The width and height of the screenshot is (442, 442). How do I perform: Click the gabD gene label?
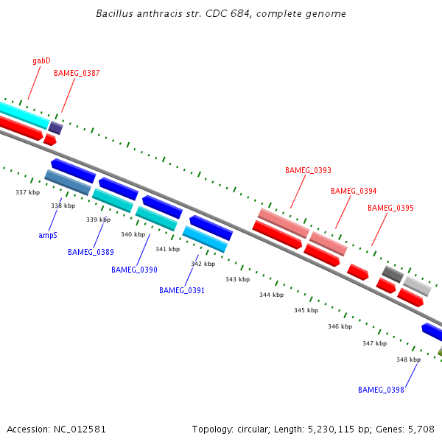[x=41, y=60]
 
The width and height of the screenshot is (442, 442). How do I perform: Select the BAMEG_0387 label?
[x=77, y=74]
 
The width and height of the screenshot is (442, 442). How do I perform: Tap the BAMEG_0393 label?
[x=308, y=171]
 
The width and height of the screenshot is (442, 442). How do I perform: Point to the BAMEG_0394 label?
[x=354, y=192]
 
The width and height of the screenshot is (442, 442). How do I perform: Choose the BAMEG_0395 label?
[x=390, y=208]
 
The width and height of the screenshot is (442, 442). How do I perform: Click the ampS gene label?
[x=48, y=236]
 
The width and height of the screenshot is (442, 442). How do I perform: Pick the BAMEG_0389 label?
[x=91, y=252]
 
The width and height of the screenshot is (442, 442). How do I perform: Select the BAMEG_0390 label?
[x=134, y=270]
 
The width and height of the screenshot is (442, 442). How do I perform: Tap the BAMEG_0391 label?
[x=182, y=290]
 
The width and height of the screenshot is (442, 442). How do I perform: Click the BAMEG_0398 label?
[x=381, y=390]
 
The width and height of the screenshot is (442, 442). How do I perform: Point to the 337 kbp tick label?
[x=27, y=192]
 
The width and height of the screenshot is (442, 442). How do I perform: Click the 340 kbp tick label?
[x=133, y=234]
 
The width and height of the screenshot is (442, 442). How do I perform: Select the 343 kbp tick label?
[x=237, y=279]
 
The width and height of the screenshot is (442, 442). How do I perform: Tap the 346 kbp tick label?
[x=340, y=326]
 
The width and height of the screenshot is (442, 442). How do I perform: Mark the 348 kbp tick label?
[x=408, y=359]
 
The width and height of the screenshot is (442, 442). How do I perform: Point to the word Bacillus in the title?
[x=115, y=14]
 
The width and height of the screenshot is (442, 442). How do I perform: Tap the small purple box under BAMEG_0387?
[x=55, y=127]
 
